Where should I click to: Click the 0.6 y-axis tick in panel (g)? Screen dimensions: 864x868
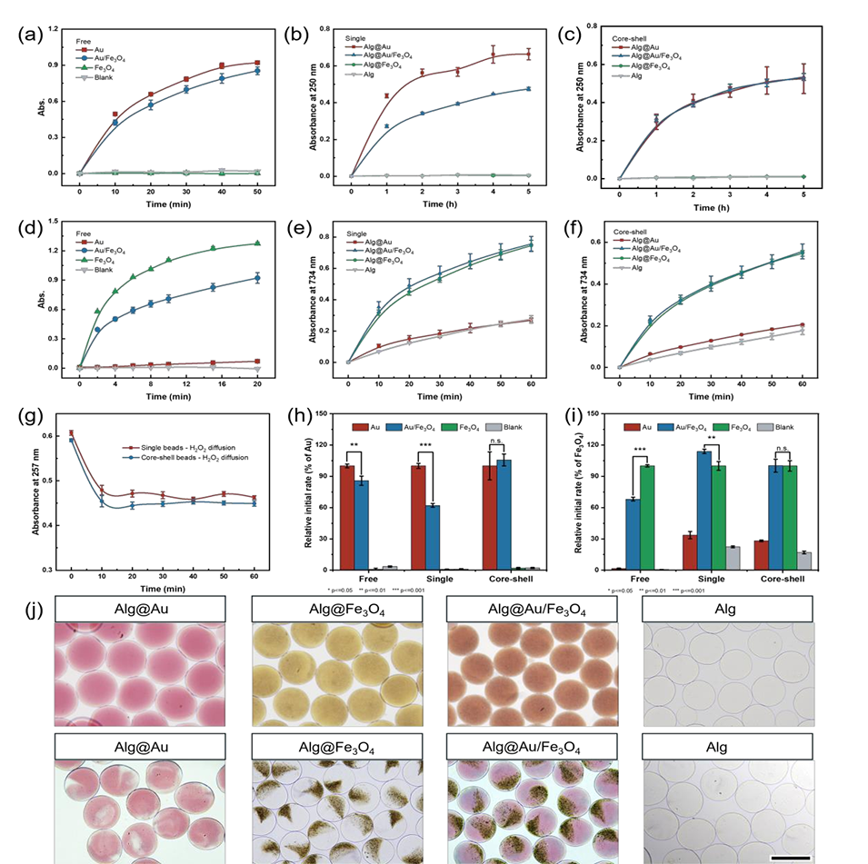48,436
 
